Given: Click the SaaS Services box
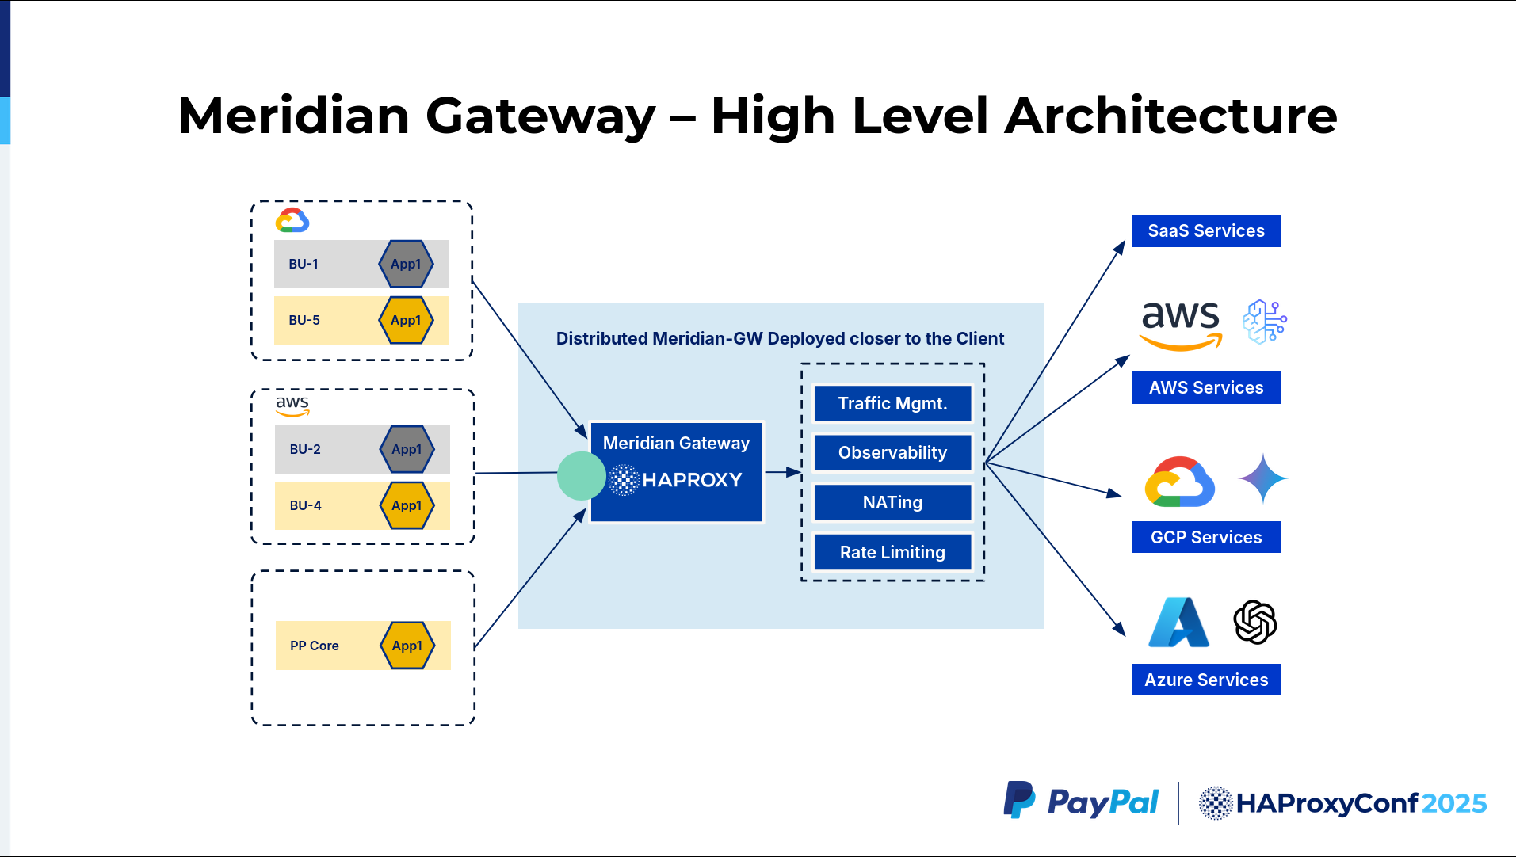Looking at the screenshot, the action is coord(1206,230).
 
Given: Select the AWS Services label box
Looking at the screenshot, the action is coord(1206,387).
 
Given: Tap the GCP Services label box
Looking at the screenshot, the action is coord(1206,537).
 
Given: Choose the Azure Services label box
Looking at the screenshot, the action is coord(1206,680).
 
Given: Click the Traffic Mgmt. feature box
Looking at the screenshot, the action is coord(892,403).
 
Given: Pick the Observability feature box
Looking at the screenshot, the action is coord(892,452).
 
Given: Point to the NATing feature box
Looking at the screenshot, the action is coord(892,502).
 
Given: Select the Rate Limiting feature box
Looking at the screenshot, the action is coord(892,552).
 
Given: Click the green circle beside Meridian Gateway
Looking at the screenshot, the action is coord(582,476).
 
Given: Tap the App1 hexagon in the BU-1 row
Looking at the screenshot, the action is coord(406,264).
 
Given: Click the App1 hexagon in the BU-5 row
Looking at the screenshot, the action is coord(406,320).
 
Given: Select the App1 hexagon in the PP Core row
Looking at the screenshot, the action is coord(407,646).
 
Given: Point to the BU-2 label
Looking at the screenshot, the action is coord(305,449).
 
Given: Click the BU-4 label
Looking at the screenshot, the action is coord(305,505).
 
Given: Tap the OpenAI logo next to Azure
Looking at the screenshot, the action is coord(1255,622).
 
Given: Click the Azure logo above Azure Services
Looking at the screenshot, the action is coord(1179,622).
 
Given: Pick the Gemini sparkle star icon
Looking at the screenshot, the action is coord(1263,478).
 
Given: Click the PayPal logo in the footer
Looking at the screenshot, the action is coord(1081,802).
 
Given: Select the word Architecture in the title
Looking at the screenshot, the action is coord(1171,116).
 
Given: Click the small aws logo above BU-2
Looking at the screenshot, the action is coord(292,406).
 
